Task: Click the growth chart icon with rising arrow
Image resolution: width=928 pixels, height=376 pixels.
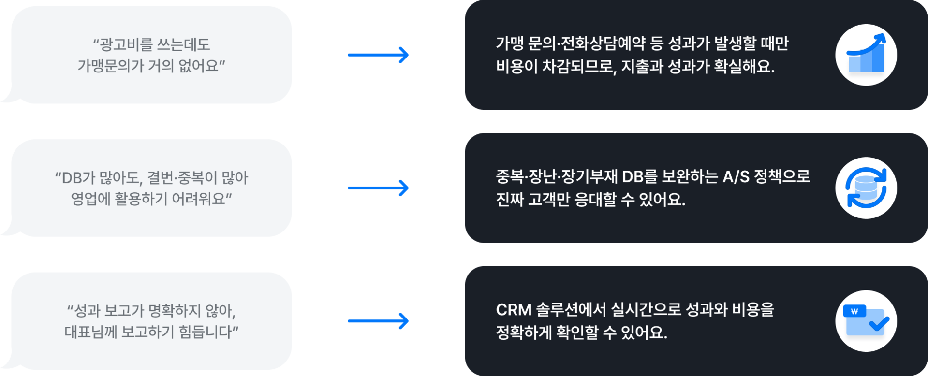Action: (x=866, y=55)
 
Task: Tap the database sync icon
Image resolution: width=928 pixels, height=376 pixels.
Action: (x=866, y=188)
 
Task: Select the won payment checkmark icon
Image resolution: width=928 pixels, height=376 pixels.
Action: (x=866, y=321)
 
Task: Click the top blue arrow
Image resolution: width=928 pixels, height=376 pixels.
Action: (x=378, y=55)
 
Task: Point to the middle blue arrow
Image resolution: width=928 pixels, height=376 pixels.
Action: (x=378, y=188)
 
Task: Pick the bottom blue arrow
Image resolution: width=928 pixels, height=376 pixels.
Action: (x=378, y=321)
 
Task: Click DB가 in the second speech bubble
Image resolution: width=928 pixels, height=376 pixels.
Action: (x=75, y=178)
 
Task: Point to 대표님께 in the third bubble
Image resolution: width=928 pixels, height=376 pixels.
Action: (x=90, y=332)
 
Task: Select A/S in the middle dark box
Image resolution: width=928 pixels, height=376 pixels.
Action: (x=736, y=177)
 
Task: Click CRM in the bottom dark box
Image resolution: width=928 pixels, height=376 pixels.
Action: (x=514, y=310)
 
